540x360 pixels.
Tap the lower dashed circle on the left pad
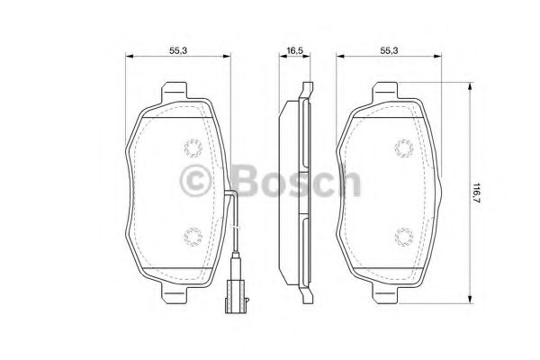click(x=191, y=236)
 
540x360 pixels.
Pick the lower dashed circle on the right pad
click(x=402, y=236)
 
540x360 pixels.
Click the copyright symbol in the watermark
click(x=197, y=182)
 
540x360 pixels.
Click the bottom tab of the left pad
click(x=175, y=292)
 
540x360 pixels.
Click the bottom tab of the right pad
click(x=387, y=292)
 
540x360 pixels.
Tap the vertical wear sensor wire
click(x=235, y=229)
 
